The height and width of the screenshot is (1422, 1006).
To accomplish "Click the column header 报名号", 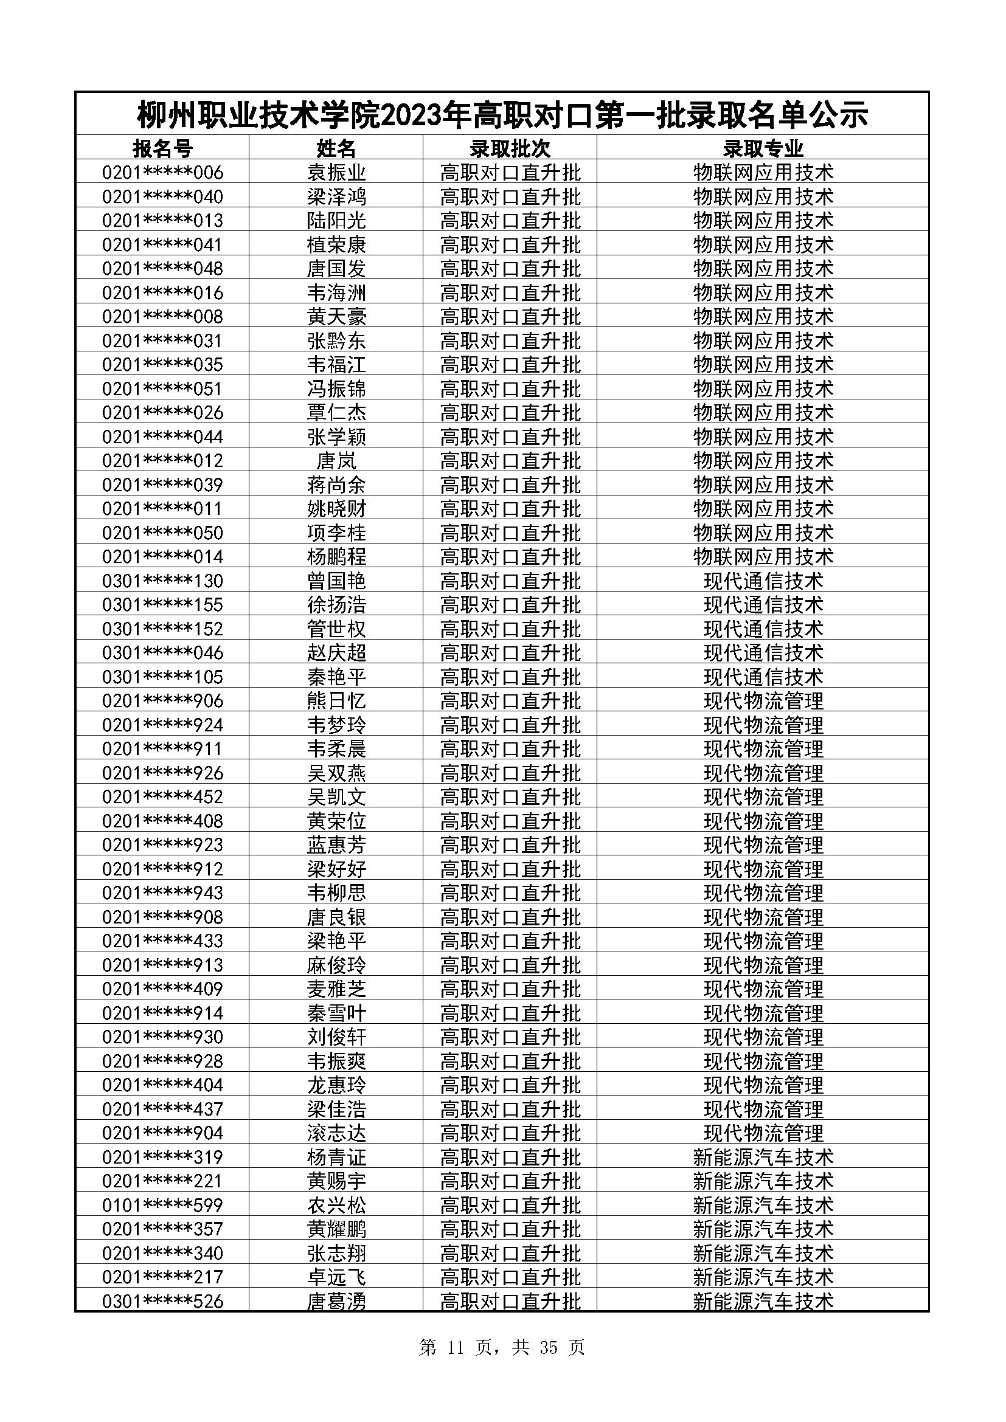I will [x=162, y=148].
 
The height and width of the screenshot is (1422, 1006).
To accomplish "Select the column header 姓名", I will [x=336, y=148].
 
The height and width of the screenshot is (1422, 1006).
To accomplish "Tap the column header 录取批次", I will [x=510, y=148].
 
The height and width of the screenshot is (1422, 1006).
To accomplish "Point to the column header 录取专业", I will [x=763, y=148].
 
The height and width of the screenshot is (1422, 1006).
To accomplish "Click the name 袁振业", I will [x=336, y=172].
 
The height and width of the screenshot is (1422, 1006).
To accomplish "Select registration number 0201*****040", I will [x=162, y=197].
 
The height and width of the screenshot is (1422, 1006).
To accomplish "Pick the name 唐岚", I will [x=336, y=461].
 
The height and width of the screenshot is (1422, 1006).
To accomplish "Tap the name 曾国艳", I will [x=336, y=581].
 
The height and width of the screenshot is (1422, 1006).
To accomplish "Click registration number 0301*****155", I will [x=162, y=604].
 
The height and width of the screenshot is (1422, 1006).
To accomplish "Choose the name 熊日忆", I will [x=336, y=701].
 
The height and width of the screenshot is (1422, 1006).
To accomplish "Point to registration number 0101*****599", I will [x=162, y=1205].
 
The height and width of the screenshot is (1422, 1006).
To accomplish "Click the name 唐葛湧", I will [x=336, y=1301].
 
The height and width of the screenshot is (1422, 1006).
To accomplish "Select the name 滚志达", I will [x=336, y=1133].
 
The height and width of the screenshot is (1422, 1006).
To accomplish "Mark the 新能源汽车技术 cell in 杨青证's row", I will [x=763, y=1157].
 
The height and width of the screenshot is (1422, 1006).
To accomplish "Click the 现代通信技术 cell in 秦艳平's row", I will [x=763, y=677].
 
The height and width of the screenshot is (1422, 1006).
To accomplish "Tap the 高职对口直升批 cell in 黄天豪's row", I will [x=510, y=317].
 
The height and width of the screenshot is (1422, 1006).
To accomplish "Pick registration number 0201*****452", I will [x=162, y=797].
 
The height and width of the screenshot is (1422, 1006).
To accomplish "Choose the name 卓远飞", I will [x=336, y=1277].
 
